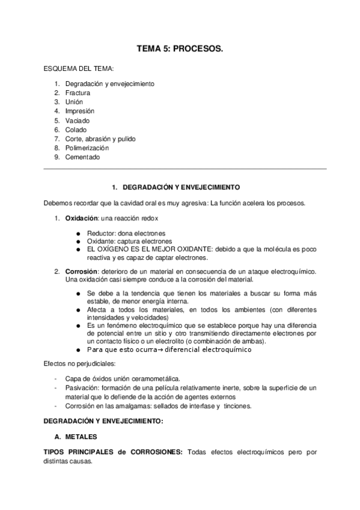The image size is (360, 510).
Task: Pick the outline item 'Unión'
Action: point(74,102)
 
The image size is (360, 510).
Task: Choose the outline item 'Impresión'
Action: point(79,111)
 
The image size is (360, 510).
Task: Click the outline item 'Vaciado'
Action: point(77,120)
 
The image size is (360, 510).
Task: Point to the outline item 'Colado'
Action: point(76,129)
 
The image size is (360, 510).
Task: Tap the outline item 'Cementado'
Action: point(82,157)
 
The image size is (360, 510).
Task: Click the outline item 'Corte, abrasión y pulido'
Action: point(100,139)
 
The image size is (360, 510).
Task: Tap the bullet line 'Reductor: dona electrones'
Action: point(126,233)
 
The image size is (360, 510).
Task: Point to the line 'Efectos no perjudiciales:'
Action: point(78,364)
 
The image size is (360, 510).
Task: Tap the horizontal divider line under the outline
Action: point(185,169)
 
